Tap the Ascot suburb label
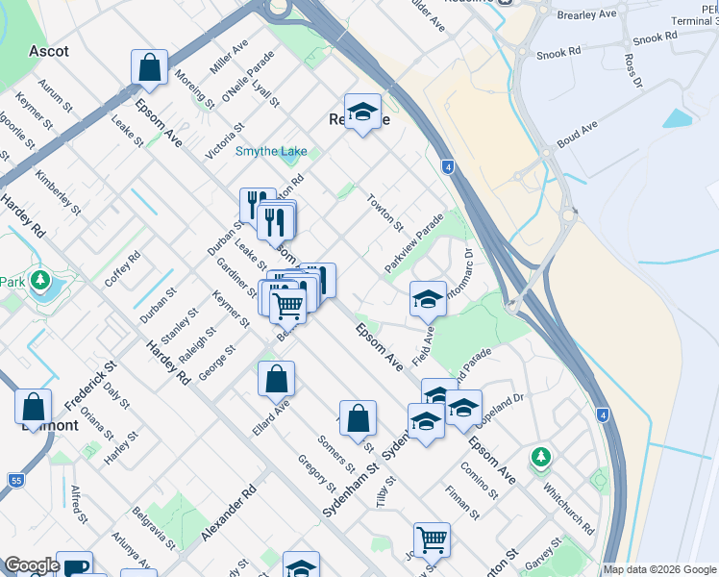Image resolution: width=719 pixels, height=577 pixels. coord(50,50)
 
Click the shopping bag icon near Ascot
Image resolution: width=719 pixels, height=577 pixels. coord(150,67)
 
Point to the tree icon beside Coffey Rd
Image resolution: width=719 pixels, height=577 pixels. coord(39,281)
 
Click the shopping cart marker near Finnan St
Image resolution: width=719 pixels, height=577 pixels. coord(432,539)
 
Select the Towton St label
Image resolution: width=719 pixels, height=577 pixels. coord(385,212)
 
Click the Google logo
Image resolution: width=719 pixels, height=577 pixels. coord(32,565)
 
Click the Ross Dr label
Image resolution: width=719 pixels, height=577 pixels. coord(632,69)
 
